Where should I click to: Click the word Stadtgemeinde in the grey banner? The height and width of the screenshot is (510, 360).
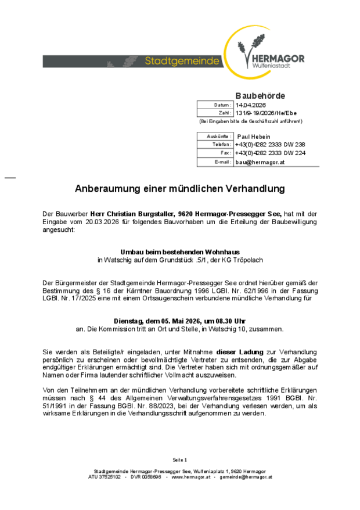182,61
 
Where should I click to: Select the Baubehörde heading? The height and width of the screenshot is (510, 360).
260,95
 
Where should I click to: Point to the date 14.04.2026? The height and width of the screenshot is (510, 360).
250,105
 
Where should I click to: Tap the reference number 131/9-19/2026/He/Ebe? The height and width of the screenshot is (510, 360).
267,113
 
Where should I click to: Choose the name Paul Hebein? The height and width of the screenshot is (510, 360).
254,136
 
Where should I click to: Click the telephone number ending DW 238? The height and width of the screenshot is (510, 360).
270,144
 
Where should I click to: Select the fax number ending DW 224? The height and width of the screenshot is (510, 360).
270,153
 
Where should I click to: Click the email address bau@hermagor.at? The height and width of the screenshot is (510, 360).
260,162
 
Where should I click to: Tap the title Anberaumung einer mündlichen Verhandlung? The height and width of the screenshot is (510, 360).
180,189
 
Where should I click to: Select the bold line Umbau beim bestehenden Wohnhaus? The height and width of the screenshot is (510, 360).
180,252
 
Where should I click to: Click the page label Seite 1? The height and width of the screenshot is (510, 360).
180,459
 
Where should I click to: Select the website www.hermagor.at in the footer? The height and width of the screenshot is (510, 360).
189,477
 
